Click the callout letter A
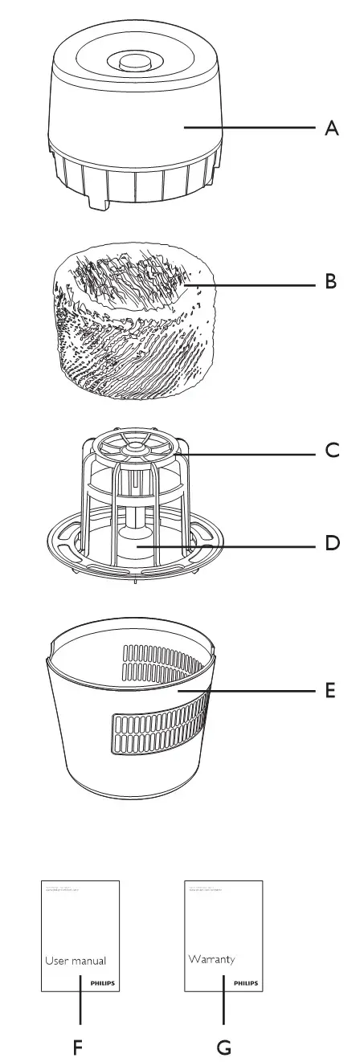tap(331, 129)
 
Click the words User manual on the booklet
tap(75, 960)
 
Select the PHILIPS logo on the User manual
tap(103, 982)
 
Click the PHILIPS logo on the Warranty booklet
tap(247, 982)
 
